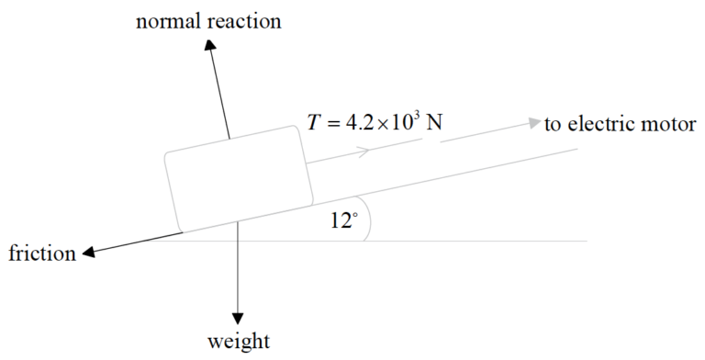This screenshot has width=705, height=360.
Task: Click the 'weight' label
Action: click(x=239, y=343)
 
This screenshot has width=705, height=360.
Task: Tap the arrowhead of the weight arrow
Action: click(x=238, y=315)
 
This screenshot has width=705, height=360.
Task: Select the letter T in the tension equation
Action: click(x=313, y=122)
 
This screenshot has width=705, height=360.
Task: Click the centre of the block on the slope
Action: click(x=238, y=178)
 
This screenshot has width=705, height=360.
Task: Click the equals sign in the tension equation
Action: click(x=335, y=123)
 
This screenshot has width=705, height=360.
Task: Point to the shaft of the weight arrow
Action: click(x=238, y=271)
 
